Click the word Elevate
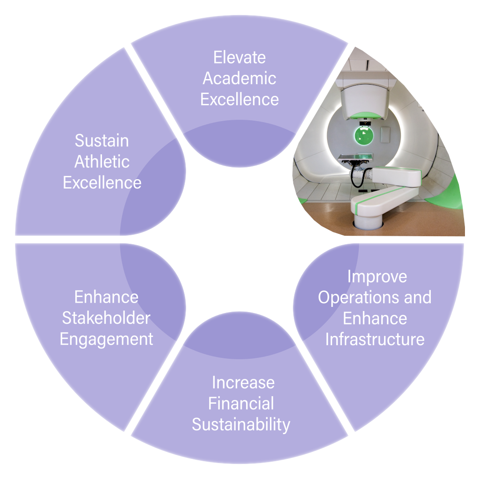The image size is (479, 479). (x=239, y=58)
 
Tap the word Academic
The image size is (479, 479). (x=239, y=79)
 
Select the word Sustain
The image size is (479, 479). (x=102, y=140)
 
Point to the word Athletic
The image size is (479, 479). (x=102, y=162)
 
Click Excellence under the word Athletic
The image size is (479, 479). (x=102, y=183)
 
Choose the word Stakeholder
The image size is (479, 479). (x=106, y=318)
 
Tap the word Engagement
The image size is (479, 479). (x=106, y=339)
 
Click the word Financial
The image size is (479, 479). (x=241, y=404)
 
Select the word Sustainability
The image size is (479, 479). (x=241, y=425)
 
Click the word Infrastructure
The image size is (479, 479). (x=375, y=339)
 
